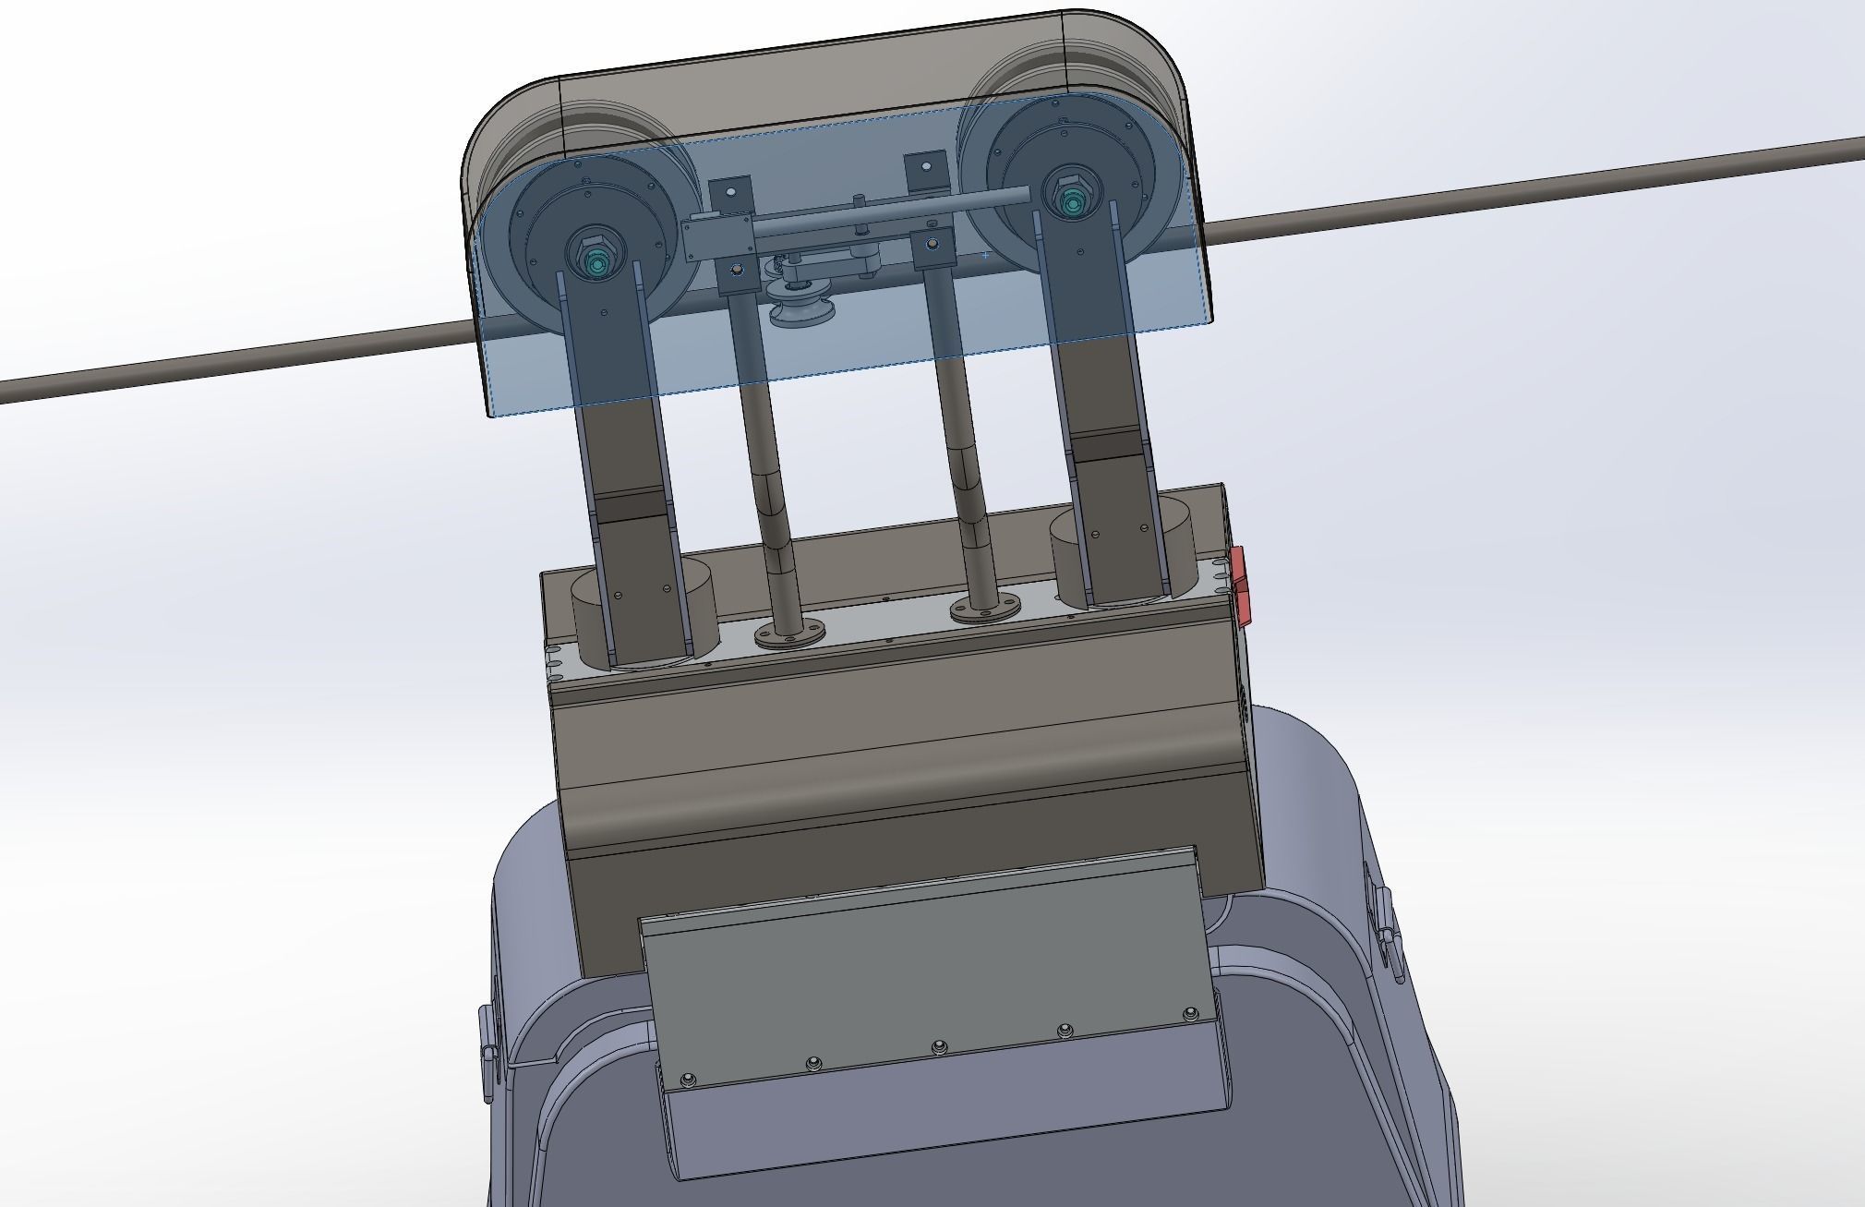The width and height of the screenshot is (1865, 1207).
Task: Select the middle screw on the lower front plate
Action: click(x=938, y=1046)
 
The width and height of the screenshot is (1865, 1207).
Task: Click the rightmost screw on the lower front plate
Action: click(x=1189, y=1014)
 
